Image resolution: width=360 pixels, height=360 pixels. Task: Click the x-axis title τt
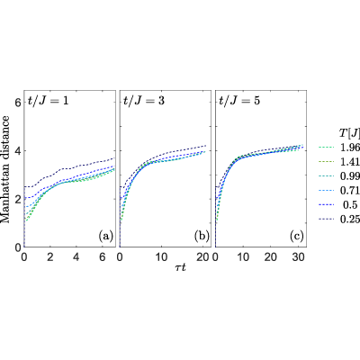click(x=180, y=267)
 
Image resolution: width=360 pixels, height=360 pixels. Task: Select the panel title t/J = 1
click(x=49, y=101)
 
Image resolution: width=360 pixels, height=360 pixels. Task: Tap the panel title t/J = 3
click(x=144, y=101)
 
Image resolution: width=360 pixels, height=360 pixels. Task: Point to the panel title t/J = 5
click(x=240, y=101)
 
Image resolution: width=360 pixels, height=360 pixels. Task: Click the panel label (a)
click(x=106, y=237)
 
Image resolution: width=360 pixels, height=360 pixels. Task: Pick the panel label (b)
click(x=202, y=237)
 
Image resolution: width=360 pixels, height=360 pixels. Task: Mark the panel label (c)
click(x=297, y=237)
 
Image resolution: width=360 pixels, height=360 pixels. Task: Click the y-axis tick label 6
click(x=18, y=103)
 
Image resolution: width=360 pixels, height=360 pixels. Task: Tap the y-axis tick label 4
click(x=18, y=150)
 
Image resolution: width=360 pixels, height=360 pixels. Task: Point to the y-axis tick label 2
click(x=18, y=199)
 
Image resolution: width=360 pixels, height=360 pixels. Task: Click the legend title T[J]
click(x=349, y=133)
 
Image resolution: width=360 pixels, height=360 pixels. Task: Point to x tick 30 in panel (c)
click(x=299, y=257)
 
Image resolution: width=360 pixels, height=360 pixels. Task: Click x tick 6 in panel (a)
click(x=103, y=257)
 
